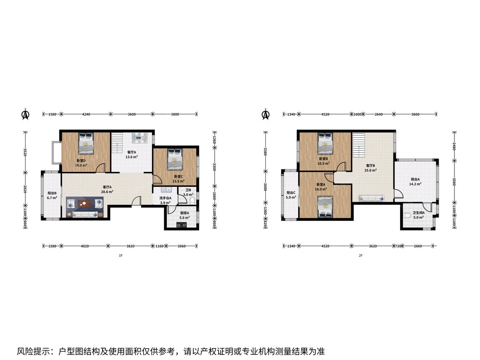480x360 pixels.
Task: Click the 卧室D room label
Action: coord(81,161)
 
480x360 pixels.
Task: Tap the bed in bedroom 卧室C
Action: coord(175,159)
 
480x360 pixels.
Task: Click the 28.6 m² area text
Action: coord(107,192)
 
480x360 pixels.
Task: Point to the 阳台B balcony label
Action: coord(52,193)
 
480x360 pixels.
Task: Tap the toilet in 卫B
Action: coord(192,201)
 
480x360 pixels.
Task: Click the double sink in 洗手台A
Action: coord(165,190)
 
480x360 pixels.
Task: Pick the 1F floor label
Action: coord(121,255)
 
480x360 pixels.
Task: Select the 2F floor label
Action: coord(361,255)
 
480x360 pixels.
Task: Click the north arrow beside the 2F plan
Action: coord(265,114)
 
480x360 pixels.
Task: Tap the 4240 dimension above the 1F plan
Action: coord(86,114)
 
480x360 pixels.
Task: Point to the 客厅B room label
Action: coord(370,165)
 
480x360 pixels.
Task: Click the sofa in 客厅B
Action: coord(372,198)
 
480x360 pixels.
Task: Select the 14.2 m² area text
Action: coord(415,184)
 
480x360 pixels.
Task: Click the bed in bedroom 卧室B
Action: coord(325,143)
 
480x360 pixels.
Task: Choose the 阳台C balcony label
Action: coord(291,193)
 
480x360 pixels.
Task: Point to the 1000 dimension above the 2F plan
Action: coord(357,114)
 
